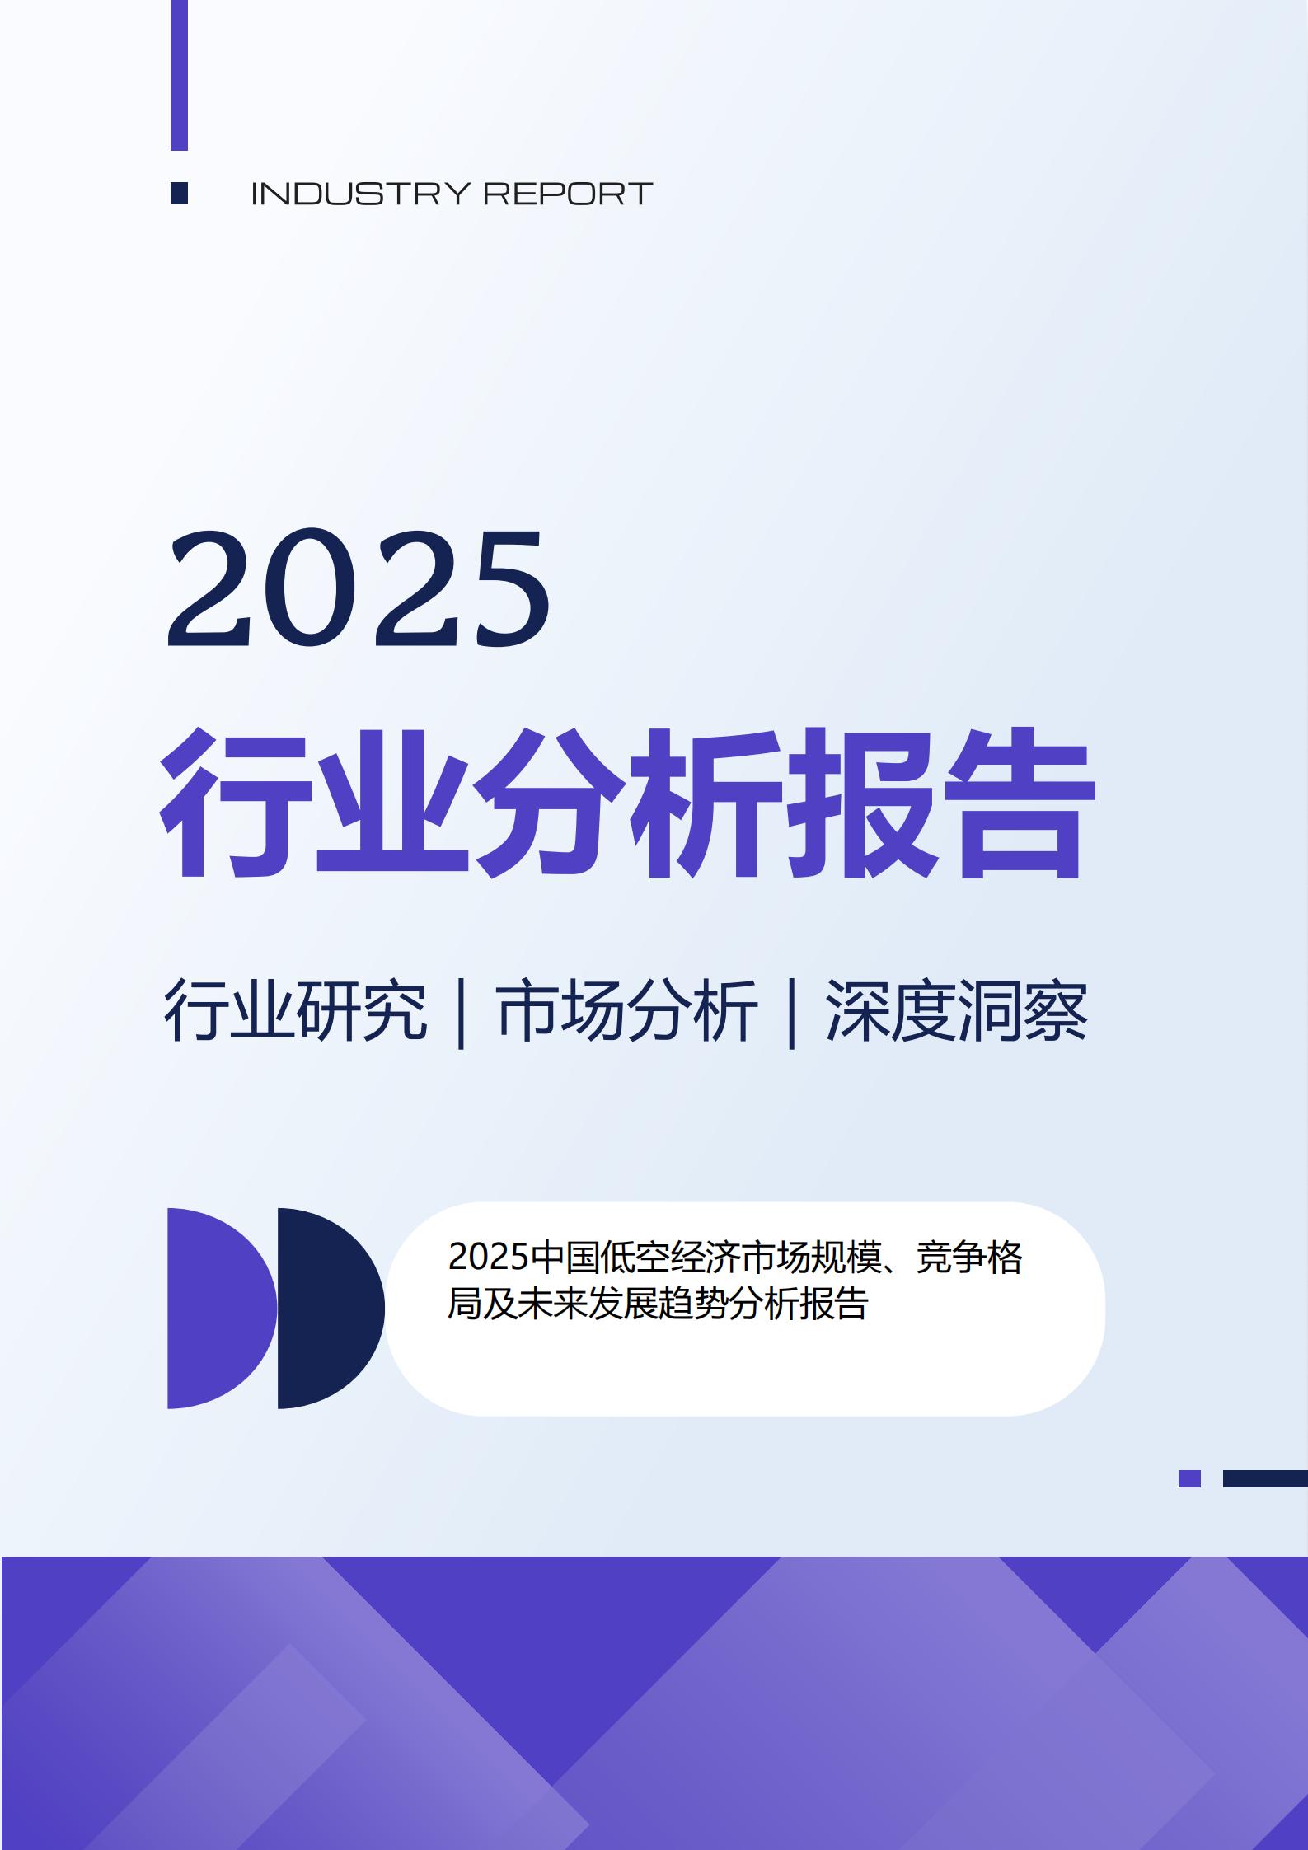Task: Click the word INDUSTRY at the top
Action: click(359, 194)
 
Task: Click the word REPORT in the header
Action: click(568, 194)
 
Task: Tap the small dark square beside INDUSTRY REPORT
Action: click(179, 193)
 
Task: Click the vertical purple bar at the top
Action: click(179, 75)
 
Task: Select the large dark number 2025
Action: click(359, 588)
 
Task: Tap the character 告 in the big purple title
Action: click(1019, 803)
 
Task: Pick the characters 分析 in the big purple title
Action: click(627, 803)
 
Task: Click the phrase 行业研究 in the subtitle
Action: click(296, 1010)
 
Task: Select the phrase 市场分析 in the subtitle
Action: click(627, 1010)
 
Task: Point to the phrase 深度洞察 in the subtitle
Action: click(957, 1010)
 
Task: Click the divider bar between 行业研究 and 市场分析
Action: click(462, 1012)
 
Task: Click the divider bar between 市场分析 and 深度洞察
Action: click(792, 1012)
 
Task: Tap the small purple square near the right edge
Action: click(1189, 1478)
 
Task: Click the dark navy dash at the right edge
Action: click(1265, 1478)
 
